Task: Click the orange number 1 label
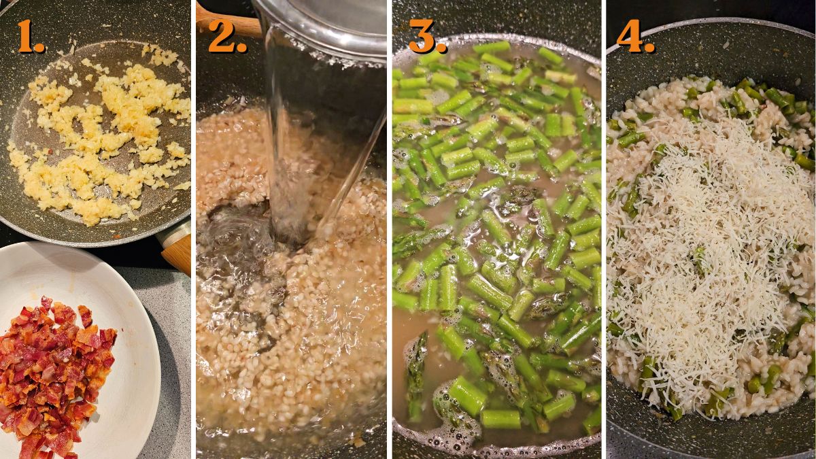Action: click(30, 37)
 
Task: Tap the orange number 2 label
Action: click(226, 37)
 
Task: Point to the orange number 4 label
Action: click(634, 37)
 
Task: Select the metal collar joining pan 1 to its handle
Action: click(173, 234)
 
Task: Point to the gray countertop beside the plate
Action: click(173, 381)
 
